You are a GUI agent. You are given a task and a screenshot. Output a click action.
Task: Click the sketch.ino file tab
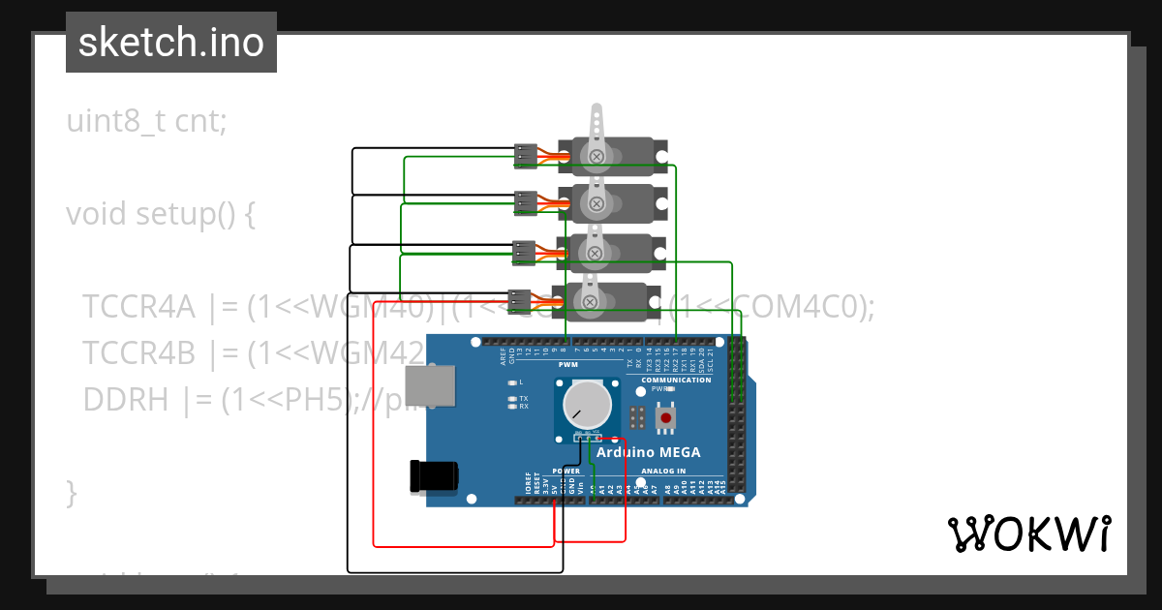click(171, 43)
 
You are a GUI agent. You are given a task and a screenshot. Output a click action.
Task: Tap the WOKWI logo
click(1028, 534)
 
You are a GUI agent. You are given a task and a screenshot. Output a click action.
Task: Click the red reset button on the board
click(665, 417)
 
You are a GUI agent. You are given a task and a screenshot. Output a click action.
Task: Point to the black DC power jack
click(435, 475)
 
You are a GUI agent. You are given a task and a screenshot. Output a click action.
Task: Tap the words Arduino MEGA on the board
click(648, 452)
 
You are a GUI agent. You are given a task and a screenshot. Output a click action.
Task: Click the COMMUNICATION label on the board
click(675, 380)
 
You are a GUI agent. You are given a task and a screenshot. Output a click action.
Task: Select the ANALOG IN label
click(663, 472)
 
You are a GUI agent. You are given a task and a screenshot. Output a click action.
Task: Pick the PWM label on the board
click(567, 365)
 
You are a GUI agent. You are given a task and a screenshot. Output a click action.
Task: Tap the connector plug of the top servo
click(526, 155)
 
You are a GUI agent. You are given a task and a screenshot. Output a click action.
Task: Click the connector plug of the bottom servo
click(520, 299)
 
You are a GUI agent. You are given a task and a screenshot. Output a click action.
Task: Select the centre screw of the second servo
click(596, 203)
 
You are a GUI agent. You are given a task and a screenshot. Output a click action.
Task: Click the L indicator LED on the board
click(512, 382)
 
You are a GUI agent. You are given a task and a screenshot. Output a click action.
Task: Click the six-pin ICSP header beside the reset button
click(637, 417)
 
